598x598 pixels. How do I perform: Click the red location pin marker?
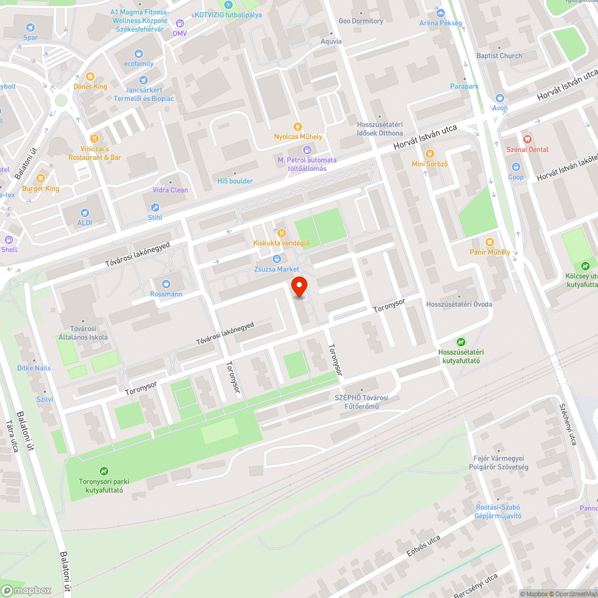(298, 286)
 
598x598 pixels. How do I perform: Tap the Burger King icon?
(41, 178)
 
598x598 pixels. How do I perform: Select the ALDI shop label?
(85, 222)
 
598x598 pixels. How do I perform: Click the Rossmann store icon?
(166, 283)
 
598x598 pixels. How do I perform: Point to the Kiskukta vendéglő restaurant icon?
(281, 233)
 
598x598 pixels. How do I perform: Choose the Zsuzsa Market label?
(276, 269)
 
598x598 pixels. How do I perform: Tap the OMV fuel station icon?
(180, 23)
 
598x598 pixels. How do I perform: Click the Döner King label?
(90, 87)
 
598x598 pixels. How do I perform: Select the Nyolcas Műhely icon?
(297, 126)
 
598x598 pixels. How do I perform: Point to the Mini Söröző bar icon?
(429, 154)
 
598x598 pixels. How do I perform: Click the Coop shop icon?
(515, 167)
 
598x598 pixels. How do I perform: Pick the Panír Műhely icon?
(490, 242)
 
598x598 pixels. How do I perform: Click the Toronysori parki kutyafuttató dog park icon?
(104, 471)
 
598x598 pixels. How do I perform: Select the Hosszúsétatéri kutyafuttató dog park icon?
(460, 342)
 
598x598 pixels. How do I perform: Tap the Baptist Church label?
(499, 56)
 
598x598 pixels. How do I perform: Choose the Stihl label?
(155, 218)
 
